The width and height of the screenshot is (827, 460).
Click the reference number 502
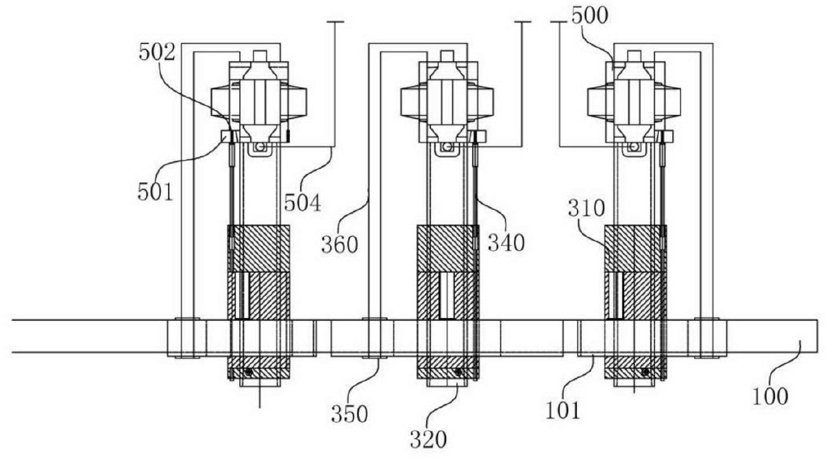click(x=157, y=53)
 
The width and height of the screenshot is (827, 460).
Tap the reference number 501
click(x=155, y=192)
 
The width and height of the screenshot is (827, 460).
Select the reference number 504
click(x=302, y=203)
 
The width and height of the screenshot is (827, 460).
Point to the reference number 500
click(x=590, y=16)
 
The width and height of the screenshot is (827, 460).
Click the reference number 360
click(x=339, y=245)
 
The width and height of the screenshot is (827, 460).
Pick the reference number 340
click(x=506, y=243)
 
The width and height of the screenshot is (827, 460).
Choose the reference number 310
click(x=586, y=209)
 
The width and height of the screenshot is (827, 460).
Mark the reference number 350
click(x=349, y=414)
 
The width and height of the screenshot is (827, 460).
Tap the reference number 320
click(x=428, y=439)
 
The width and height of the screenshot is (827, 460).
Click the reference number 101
click(x=563, y=410)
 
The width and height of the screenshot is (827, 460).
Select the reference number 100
click(x=770, y=397)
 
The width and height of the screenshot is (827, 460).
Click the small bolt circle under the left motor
click(x=260, y=147)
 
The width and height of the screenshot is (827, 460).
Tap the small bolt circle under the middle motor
click(x=448, y=147)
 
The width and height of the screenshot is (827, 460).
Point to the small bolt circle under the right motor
click(x=634, y=147)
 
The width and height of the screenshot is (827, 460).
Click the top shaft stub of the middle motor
click(x=447, y=56)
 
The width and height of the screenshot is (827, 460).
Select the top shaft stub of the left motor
click(x=260, y=56)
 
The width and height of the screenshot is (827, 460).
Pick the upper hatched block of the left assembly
click(x=259, y=249)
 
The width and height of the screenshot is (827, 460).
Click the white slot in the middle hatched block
click(x=447, y=296)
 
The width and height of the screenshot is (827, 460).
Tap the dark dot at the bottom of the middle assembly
click(x=458, y=372)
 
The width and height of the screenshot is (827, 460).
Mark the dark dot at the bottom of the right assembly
click(x=645, y=372)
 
